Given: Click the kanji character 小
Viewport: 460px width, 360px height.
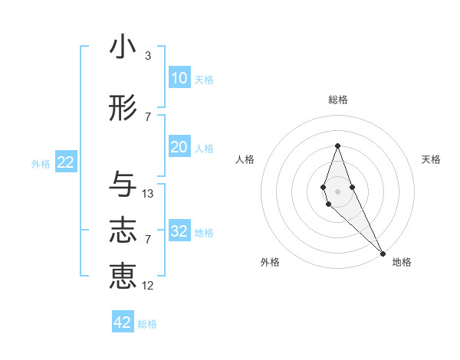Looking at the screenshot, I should click(123, 47).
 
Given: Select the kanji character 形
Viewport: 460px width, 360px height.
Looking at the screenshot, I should click(123, 109).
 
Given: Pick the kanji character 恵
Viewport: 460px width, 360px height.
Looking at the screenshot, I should click(123, 277).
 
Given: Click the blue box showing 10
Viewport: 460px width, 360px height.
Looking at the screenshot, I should click(179, 78).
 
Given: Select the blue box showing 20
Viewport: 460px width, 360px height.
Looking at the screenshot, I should click(179, 147).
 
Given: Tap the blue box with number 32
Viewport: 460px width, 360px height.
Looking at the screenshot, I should click(179, 231).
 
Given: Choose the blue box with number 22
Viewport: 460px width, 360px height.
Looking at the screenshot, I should click(65, 162).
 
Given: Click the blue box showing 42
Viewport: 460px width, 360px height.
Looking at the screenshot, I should click(123, 322).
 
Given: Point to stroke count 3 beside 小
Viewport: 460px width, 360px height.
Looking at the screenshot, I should click(148, 56).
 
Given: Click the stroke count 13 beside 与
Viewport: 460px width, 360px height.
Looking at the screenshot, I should click(148, 194).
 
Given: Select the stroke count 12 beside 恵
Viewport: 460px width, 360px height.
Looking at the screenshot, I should click(148, 286).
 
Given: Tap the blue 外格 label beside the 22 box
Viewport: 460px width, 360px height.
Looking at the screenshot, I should click(41, 163).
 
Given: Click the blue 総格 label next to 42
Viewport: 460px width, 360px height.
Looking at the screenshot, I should click(147, 324).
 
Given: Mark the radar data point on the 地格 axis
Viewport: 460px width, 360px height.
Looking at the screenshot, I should click(383, 253).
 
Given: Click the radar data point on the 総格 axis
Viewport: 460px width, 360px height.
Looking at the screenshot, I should click(337, 146).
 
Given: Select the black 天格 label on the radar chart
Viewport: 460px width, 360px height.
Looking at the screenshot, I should click(432, 159).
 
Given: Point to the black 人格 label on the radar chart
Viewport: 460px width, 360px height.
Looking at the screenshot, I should click(245, 159).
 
